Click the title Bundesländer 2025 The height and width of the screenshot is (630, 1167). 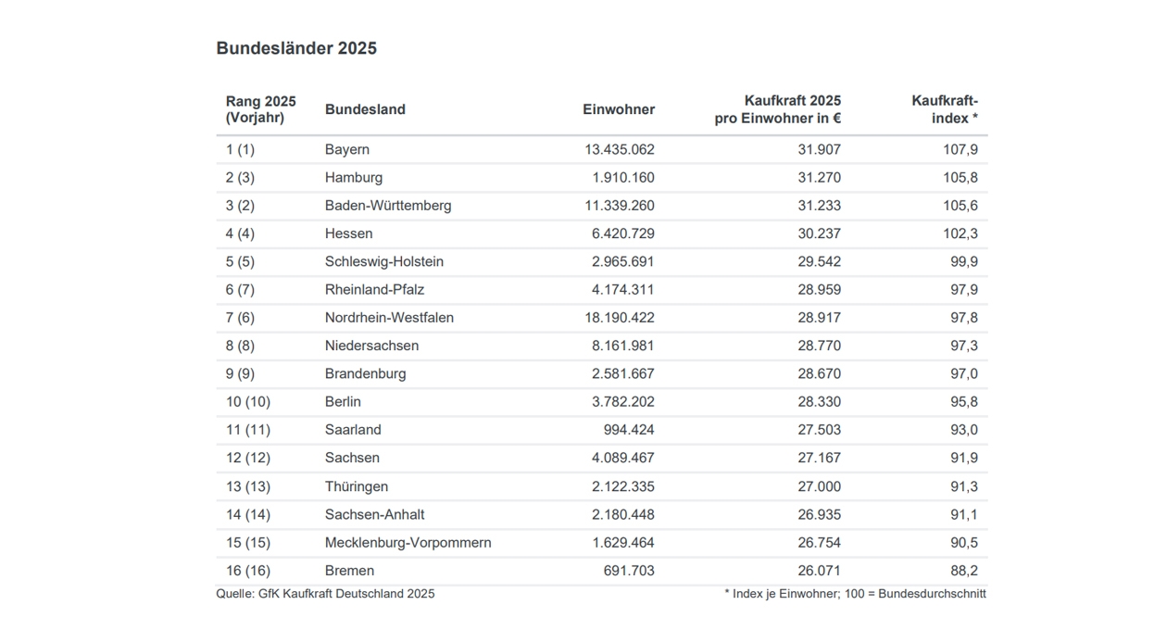[x=296, y=48]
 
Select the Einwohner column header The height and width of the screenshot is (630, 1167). [x=619, y=109]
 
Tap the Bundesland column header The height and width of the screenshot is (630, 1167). [x=365, y=109]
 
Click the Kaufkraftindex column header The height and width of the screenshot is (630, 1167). [x=945, y=109]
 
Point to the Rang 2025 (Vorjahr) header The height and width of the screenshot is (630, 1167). [x=260, y=109]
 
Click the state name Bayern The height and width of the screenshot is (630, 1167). [x=347, y=149]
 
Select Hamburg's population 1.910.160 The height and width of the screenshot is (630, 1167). [x=623, y=178]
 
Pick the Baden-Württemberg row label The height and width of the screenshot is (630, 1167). [x=388, y=206]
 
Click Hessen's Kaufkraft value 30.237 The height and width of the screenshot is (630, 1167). [x=819, y=233]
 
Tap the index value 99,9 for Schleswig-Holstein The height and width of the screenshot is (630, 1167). [x=964, y=261]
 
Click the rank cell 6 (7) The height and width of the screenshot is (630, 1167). [x=240, y=290]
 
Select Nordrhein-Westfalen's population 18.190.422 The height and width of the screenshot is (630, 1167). [x=620, y=318]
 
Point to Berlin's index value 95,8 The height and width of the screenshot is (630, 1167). [x=964, y=402]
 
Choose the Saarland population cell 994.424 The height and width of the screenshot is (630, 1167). [x=629, y=430]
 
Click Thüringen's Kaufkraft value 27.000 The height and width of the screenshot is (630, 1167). [x=819, y=486]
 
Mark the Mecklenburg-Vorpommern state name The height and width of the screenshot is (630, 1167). [x=408, y=543]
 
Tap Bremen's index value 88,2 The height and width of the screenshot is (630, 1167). [x=964, y=571]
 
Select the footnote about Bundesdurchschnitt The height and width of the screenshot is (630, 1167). [x=855, y=594]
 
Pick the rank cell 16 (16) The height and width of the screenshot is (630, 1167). [x=248, y=571]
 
